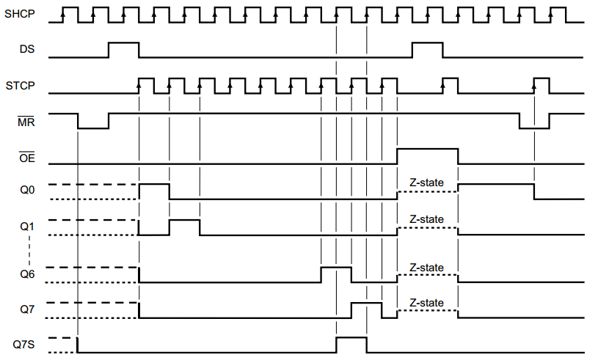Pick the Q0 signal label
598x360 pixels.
point(27,191)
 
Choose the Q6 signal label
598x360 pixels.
point(27,274)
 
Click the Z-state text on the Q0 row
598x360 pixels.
point(426,183)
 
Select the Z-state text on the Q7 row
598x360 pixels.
point(426,303)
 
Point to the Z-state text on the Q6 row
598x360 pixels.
point(426,268)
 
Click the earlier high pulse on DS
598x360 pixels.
point(123,50)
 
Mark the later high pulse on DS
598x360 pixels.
point(427,50)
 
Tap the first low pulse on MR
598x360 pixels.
point(93,122)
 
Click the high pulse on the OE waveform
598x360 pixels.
point(427,155)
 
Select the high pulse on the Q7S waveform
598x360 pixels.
point(351,345)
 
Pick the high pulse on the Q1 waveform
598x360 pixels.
point(184,227)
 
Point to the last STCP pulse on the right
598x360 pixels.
point(542,85)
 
